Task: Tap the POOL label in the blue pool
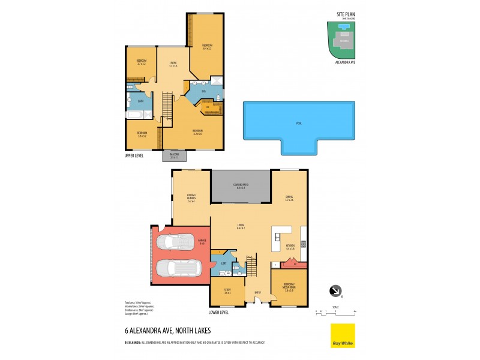click(x=298, y=123)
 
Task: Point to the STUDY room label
click(x=227, y=292)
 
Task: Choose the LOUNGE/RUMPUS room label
click(x=191, y=200)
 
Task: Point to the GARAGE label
click(x=202, y=242)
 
